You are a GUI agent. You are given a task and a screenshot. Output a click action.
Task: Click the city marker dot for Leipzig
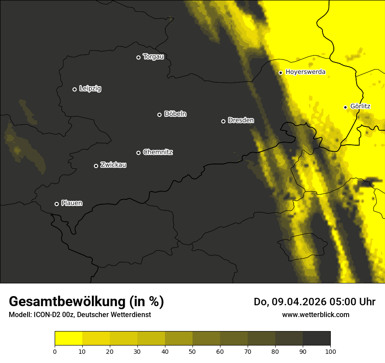tap(74, 89)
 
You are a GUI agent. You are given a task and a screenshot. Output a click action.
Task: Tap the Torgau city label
tap(153, 57)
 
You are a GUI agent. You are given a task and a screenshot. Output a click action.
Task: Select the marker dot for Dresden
tap(223, 121)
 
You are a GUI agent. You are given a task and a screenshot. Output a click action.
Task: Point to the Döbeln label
tap(175, 114)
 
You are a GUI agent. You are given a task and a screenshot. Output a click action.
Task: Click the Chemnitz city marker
tap(138, 153)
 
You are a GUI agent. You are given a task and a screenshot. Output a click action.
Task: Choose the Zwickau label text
tap(113, 165)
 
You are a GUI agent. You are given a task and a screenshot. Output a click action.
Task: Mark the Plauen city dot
tap(56, 204)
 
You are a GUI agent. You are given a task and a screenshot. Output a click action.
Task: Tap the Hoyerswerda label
tap(305, 72)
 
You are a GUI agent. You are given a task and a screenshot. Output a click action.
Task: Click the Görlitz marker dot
tap(345, 107)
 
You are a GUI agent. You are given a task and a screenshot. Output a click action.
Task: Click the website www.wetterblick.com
tap(315, 314)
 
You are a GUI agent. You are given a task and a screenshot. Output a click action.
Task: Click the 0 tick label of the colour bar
tap(55, 351)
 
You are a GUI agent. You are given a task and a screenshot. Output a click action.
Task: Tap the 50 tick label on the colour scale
tap(192, 351)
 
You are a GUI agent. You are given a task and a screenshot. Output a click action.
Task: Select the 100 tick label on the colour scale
tap(330, 351)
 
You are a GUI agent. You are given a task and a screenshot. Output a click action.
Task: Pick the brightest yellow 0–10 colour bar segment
tap(69, 339)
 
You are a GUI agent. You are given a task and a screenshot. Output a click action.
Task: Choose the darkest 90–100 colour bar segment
tap(316, 339)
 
